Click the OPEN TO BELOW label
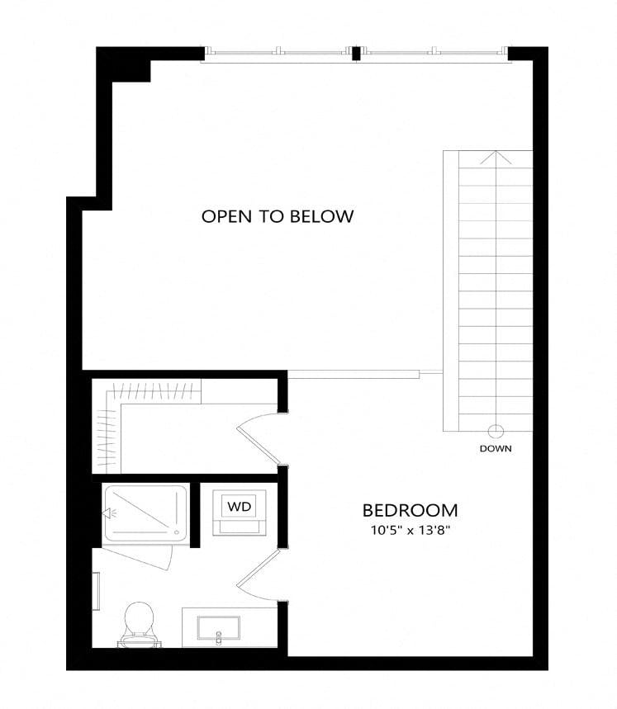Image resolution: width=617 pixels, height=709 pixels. [x=278, y=216]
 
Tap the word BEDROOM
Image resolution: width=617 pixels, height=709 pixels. [x=410, y=511]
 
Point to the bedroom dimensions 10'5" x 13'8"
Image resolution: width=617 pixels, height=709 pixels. [x=411, y=531]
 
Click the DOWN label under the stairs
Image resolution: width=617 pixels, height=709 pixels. [x=496, y=448]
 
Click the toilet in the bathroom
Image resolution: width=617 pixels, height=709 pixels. [x=139, y=625]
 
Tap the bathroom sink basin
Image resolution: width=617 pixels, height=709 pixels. [x=219, y=628]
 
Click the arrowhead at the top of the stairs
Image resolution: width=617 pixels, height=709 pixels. [x=496, y=158]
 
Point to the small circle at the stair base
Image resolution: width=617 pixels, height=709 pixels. [x=496, y=431]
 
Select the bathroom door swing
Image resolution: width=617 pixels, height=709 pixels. [x=258, y=574]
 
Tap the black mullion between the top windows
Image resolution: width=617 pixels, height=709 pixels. [x=357, y=54]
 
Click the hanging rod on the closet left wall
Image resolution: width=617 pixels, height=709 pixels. [x=108, y=437]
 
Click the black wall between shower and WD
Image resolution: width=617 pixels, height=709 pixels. [x=195, y=515]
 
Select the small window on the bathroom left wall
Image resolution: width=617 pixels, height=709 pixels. [x=96, y=591]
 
